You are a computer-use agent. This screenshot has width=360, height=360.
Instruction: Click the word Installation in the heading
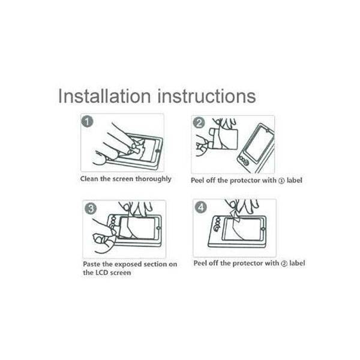coord(104,96)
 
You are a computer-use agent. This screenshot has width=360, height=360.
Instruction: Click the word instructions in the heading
coord(206,96)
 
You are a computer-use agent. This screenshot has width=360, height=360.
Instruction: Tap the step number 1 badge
coord(88,121)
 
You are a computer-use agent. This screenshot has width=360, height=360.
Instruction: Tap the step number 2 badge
coord(199,123)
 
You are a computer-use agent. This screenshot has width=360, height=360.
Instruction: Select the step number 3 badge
coord(91,209)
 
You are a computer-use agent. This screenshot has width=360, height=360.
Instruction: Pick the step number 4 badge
coord(201,208)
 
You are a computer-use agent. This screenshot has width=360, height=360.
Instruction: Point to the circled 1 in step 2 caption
coord(281,181)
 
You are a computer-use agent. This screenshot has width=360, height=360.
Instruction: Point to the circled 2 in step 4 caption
coord(284,264)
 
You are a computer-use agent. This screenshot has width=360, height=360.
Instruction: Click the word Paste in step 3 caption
coord(91,264)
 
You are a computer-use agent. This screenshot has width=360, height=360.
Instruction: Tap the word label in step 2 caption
coord(295,180)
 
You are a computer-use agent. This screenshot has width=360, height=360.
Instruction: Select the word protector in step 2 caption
coord(245,181)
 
